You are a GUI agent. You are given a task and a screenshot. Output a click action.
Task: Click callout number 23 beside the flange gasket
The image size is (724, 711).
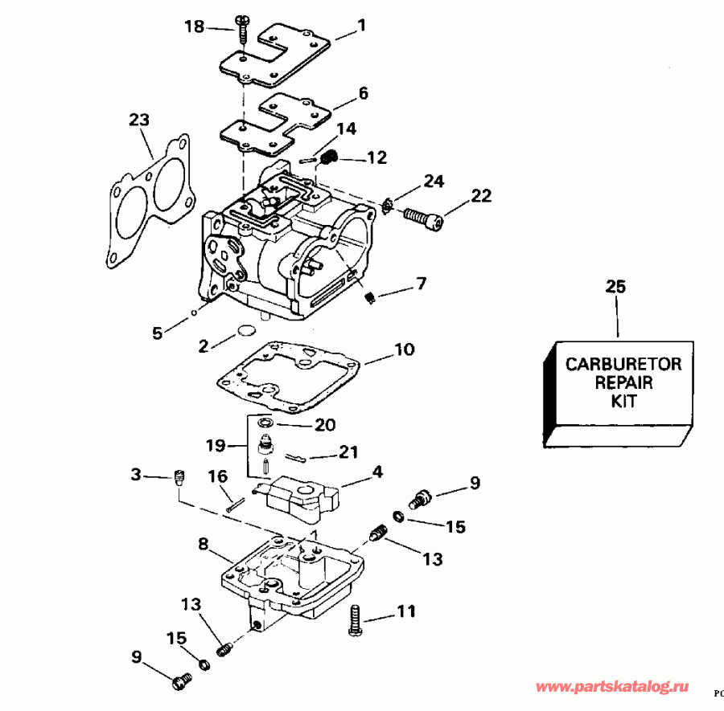click(x=139, y=121)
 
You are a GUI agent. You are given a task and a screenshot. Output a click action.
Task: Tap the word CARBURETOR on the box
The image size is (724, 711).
click(x=623, y=364)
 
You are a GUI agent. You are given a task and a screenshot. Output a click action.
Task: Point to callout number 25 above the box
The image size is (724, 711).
click(x=615, y=287)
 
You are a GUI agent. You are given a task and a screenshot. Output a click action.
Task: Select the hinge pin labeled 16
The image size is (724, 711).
click(x=234, y=505)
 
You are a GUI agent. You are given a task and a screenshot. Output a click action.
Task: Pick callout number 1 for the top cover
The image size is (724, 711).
click(x=361, y=25)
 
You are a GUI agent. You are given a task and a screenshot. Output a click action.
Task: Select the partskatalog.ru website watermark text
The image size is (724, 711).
click(x=611, y=688)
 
